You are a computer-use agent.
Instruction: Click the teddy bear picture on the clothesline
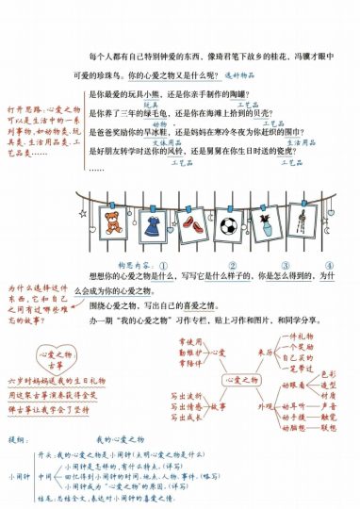(x=112, y=223)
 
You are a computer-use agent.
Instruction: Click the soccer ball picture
(x=228, y=226)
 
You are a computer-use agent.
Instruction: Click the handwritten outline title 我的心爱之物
(x=117, y=439)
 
